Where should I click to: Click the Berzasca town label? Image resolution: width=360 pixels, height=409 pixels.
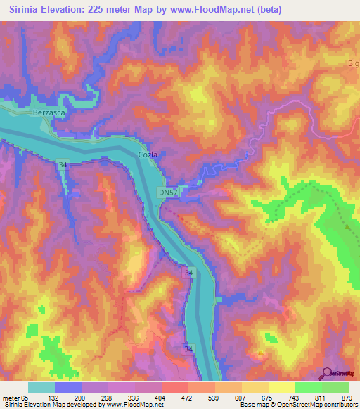(x=49, y=112)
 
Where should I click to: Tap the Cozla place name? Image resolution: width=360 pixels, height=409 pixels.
(x=147, y=154)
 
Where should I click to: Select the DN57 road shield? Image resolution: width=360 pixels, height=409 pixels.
(x=167, y=192)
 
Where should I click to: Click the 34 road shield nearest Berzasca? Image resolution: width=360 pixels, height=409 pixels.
(x=63, y=164)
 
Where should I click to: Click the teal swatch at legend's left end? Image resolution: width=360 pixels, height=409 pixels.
(x=41, y=387)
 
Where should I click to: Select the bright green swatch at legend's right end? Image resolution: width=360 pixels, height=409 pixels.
(x=335, y=387)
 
